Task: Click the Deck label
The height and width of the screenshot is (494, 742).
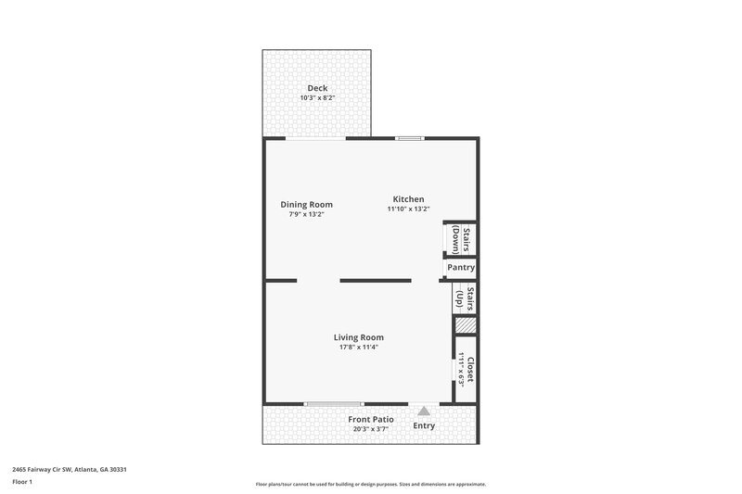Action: [317, 88]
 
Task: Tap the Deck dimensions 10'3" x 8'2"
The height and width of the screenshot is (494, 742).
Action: [317, 98]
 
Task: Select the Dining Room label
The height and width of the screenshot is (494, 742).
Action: [306, 205]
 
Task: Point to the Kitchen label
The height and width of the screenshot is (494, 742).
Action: [408, 199]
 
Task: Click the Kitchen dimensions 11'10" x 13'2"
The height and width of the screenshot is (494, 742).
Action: [408, 209]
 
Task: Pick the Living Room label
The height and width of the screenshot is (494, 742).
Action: [359, 337]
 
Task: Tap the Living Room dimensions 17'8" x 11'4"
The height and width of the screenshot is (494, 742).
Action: [359, 348]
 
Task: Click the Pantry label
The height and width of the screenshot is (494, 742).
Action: [461, 268]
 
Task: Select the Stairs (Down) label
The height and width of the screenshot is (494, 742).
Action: [461, 239]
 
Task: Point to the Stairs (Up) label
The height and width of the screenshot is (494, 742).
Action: [465, 298]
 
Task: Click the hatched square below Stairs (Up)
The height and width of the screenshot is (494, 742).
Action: [465, 326]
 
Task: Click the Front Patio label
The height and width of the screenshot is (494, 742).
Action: [371, 420]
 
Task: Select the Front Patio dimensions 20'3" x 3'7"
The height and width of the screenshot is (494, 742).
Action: [371, 429]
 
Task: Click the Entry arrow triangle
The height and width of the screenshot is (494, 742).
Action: [424, 411]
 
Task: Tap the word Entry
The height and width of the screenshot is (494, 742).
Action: [424, 426]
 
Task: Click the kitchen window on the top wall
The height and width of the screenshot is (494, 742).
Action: [409, 139]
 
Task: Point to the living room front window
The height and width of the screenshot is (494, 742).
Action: [334, 404]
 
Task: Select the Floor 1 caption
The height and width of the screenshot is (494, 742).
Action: [22, 483]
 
